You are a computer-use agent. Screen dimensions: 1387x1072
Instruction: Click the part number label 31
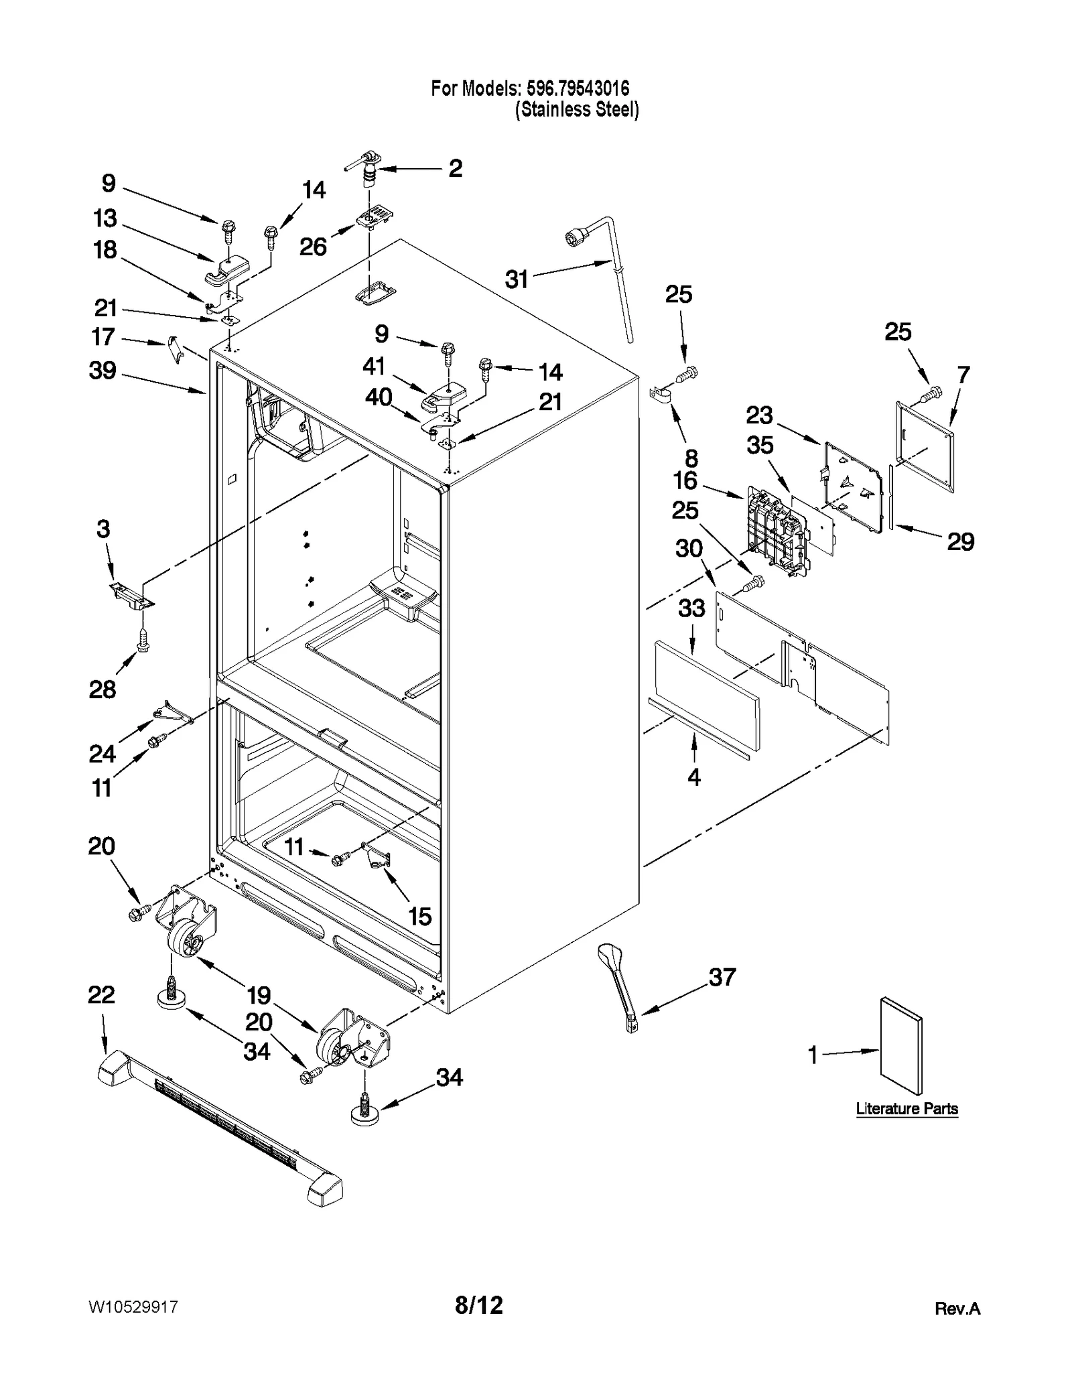coord(517,279)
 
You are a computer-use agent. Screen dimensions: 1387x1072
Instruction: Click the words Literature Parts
coord(907,1109)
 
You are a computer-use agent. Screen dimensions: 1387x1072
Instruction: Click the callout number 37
coord(722,977)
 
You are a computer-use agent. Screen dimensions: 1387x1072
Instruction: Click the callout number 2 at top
coord(455,168)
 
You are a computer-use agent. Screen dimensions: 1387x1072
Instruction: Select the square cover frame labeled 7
coord(925,446)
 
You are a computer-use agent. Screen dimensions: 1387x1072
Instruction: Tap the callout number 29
coord(960,541)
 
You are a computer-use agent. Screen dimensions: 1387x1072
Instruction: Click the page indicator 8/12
coord(478,1305)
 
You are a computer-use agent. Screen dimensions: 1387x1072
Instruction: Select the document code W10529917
coord(133,1307)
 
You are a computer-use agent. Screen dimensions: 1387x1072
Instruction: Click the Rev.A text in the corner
coord(957,1309)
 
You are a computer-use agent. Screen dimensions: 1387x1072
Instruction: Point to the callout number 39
coord(103,370)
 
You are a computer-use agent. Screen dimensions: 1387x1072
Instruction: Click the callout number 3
coord(103,529)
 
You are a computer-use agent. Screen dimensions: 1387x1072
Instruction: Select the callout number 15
coord(420,916)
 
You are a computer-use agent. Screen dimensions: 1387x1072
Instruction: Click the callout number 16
coord(685,480)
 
